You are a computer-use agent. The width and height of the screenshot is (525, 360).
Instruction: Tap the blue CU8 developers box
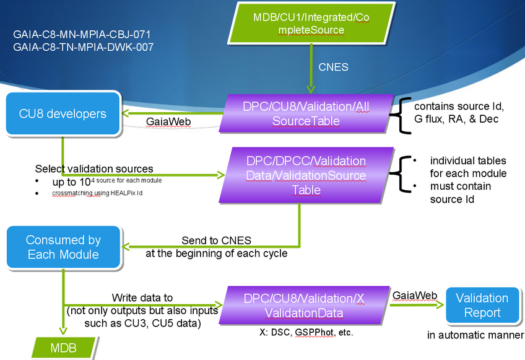(x=63, y=114)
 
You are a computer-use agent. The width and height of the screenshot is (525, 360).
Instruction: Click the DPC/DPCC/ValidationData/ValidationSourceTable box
(x=306, y=175)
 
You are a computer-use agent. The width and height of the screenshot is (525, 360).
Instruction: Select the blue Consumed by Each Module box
(x=63, y=247)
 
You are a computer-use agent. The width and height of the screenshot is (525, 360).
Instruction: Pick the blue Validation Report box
(x=482, y=305)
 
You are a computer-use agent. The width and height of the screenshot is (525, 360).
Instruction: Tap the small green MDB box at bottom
(x=64, y=348)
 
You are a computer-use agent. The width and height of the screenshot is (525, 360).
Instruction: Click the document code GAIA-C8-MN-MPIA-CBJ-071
(x=82, y=35)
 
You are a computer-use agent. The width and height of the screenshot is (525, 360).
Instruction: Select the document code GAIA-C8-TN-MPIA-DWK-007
(x=83, y=46)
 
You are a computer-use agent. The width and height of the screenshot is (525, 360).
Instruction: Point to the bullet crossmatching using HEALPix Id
(x=100, y=193)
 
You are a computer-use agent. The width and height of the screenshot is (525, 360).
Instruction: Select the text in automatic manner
(x=475, y=335)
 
